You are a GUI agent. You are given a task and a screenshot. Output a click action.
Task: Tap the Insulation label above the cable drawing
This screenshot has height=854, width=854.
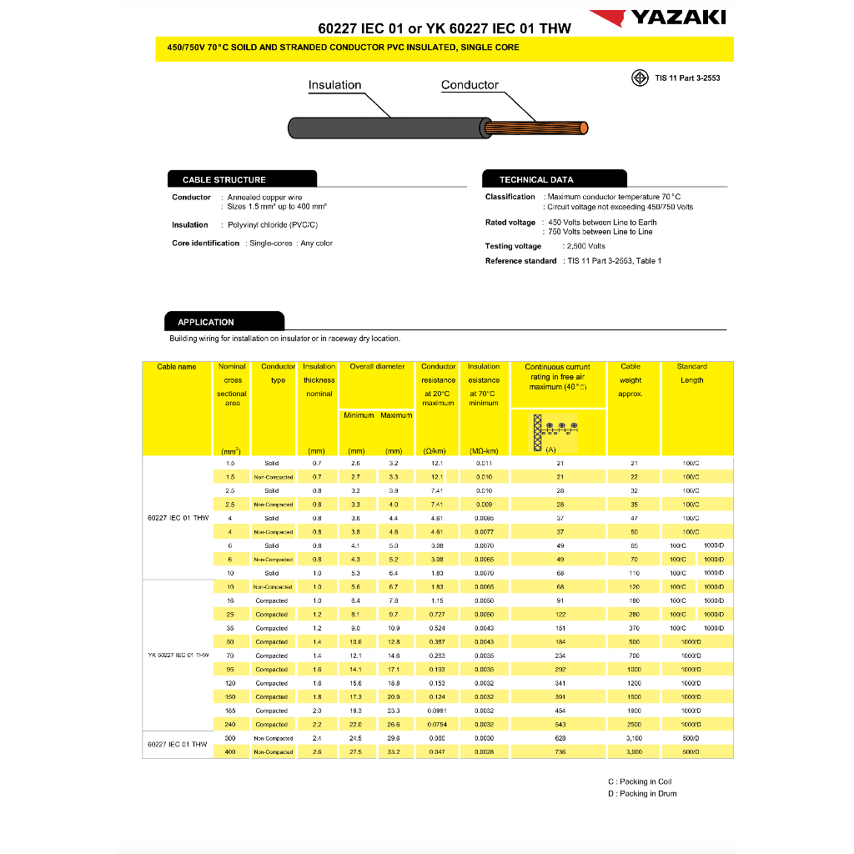pyautogui.click(x=334, y=85)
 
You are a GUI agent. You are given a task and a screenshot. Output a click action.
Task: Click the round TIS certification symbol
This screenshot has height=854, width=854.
pyautogui.click(x=640, y=78)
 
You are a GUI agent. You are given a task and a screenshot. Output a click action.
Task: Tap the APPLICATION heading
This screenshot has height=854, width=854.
pyautogui.click(x=206, y=322)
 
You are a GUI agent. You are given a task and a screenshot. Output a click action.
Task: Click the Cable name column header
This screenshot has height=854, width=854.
pyautogui.click(x=177, y=367)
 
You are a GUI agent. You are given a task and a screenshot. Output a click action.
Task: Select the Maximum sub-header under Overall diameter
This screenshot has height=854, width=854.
pyautogui.click(x=396, y=415)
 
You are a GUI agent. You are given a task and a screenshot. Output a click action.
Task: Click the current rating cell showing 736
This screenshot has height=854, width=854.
pyautogui.click(x=560, y=752)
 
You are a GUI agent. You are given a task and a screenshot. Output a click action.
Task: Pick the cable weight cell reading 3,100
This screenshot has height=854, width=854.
pyautogui.click(x=634, y=738)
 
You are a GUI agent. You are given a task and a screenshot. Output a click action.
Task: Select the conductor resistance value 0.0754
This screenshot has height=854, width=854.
pyautogui.click(x=438, y=725)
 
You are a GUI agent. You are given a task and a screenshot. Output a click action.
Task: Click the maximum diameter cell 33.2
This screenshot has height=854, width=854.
pyautogui.click(x=394, y=752)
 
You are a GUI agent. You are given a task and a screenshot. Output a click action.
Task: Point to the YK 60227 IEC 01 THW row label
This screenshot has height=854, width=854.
pyautogui.click(x=178, y=656)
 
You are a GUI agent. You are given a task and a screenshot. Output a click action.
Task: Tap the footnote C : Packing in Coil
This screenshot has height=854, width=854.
pyautogui.click(x=640, y=781)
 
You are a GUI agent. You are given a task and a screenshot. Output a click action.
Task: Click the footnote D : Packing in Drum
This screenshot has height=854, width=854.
pyautogui.click(x=642, y=794)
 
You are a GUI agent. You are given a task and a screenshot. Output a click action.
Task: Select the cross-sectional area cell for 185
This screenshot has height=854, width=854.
pyautogui.click(x=231, y=711)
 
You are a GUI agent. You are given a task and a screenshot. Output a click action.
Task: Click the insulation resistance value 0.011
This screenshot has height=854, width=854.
pyautogui.click(x=484, y=463)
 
